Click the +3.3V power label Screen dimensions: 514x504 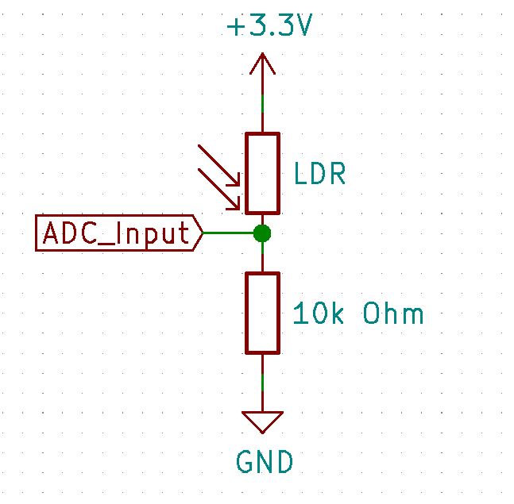pyautogui.click(x=269, y=25)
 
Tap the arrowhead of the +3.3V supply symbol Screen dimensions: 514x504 pyautogui.click(x=262, y=63)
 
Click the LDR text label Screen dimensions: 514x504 pyautogui.click(x=319, y=173)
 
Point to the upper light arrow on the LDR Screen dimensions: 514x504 pyautogui.click(x=219, y=165)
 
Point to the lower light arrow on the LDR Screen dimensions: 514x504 pyautogui.click(x=219, y=189)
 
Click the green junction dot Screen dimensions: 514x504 pyautogui.click(x=262, y=233)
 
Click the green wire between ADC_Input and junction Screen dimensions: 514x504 pyautogui.click(x=228, y=233)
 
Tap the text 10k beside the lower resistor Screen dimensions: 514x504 pyautogui.click(x=319, y=313)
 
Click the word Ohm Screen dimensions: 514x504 pyautogui.click(x=393, y=313)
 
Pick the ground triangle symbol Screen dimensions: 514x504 pyautogui.click(x=262, y=422)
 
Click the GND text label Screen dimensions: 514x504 pyautogui.click(x=265, y=461)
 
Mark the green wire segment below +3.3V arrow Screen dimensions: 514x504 pyautogui.click(x=262, y=104)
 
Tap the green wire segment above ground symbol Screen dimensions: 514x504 pyautogui.click(x=262, y=383)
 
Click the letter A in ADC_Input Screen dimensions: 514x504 pyautogui.click(x=51, y=233)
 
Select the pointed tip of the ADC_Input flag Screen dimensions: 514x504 pyautogui.click(x=203, y=233)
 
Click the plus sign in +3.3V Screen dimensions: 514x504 pyautogui.click(x=236, y=27)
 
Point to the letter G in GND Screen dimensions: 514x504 pyautogui.click(x=245, y=461)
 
